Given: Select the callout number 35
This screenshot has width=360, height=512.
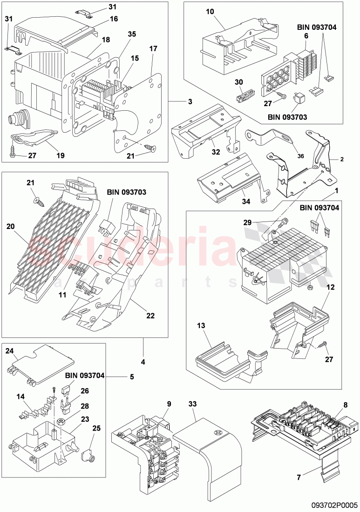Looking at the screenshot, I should pyautogui.click(x=132, y=34).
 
